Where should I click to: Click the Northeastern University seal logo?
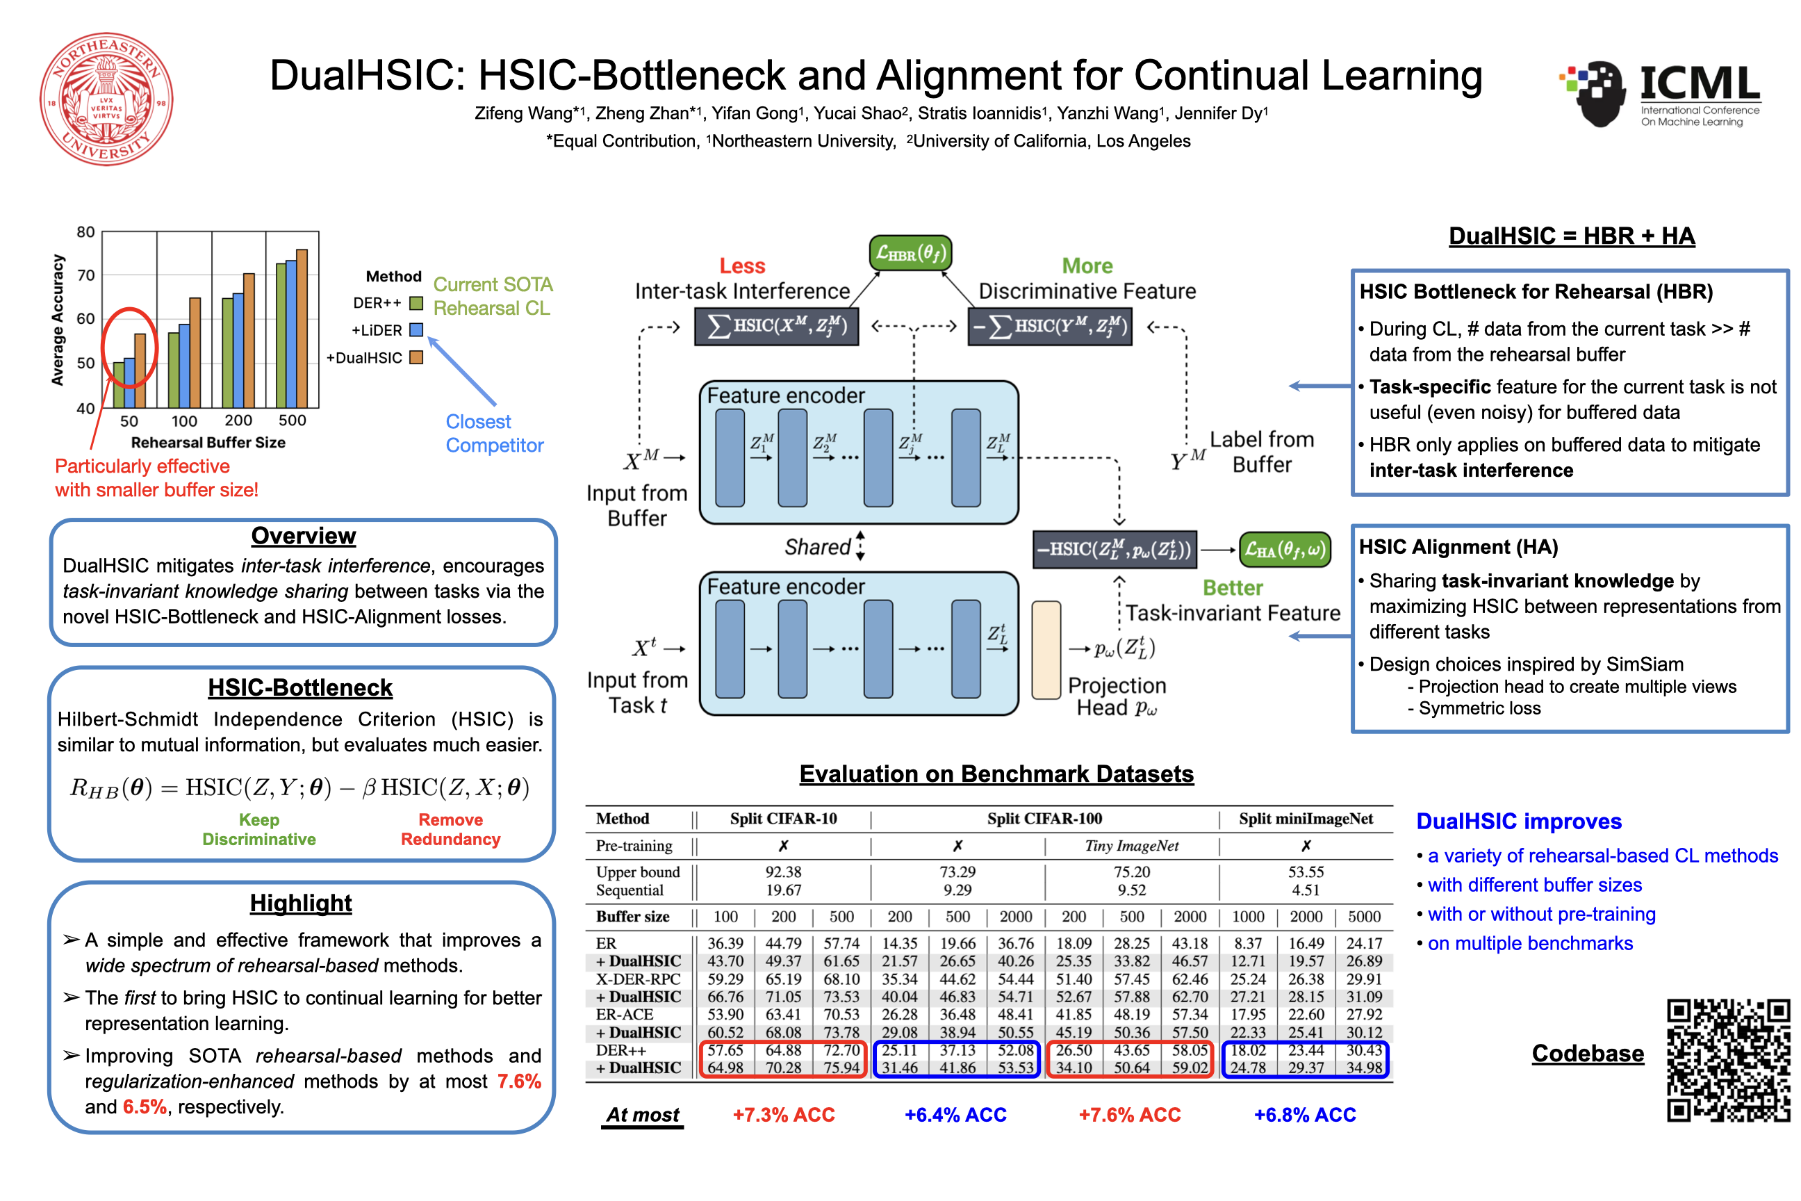click(106, 99)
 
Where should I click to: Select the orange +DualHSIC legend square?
click(416, 358)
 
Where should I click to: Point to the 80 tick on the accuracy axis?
click(85, 232)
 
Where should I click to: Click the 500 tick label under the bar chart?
click(292, 420)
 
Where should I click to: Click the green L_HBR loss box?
click(910, 253)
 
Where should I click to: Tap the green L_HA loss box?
click(1284, 549)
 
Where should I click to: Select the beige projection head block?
click(1046, 651)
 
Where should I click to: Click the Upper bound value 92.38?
click(783, 872)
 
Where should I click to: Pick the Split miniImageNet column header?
click(1306, 819)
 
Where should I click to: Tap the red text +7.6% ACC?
click(1130, 1116)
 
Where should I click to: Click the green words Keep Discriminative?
click(258, 830)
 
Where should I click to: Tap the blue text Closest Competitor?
click(495, 434)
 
